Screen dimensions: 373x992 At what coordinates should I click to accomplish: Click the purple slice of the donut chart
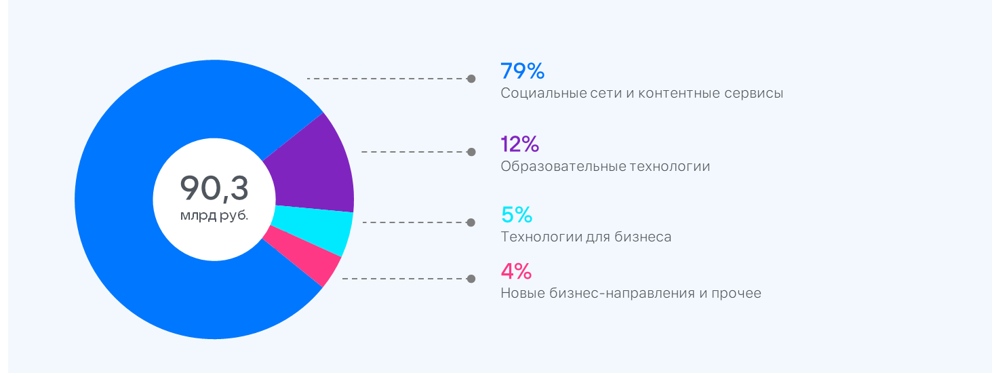(x=315, y=170)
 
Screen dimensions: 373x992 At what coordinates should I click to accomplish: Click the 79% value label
(x=522, y=71)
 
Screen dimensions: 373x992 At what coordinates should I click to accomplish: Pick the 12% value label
(x=519, y=144)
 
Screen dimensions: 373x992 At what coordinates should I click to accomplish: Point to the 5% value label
(x=517, y=215)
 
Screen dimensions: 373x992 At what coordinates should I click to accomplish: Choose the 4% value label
(x=516, y=271)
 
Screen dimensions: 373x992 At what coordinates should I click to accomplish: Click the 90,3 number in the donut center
(x=214, y=188)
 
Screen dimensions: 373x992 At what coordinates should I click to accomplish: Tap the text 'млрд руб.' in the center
(x=214, y=216)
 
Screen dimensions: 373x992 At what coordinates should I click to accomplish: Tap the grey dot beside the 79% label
(x=471, y=79)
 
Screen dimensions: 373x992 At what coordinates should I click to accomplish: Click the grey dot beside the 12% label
(x=471, y=152)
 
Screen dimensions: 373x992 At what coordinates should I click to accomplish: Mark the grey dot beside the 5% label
(x=471, y=222)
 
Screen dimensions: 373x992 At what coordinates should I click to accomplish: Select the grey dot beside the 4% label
(x=471, y=279)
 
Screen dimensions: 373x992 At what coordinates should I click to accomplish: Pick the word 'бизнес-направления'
(x=610, y=294)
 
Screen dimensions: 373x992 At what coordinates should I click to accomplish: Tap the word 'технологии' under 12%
(x=671, y=166)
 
